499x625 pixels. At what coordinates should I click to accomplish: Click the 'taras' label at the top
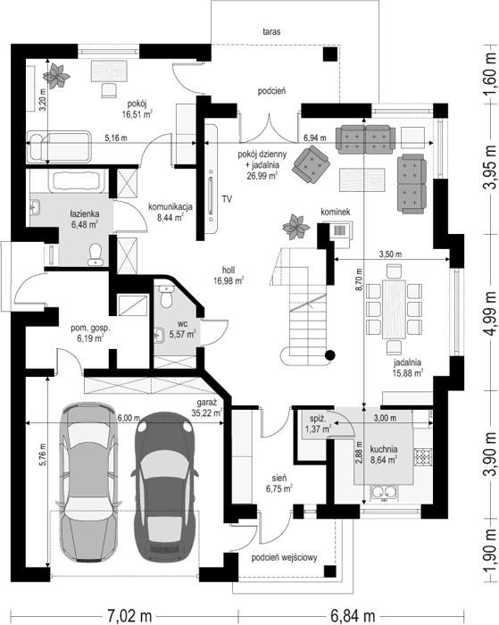271,31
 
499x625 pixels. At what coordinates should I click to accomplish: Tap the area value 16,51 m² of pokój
137,115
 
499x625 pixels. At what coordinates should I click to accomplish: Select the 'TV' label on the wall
227,199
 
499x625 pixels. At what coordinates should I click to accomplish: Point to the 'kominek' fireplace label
336,212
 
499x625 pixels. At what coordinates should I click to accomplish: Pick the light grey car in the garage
89,482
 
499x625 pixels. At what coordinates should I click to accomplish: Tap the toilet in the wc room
164,295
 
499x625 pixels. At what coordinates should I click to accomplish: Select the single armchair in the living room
311,162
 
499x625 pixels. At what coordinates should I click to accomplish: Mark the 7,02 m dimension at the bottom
129,616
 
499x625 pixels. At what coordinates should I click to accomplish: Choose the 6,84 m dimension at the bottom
353,616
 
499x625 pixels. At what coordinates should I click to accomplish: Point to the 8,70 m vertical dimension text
359,279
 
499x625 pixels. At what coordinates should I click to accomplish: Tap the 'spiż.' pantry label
319,419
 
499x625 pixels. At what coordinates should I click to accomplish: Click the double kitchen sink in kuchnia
384,494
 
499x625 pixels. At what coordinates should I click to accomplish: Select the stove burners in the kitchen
423,457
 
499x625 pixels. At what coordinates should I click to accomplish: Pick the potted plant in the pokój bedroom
56,75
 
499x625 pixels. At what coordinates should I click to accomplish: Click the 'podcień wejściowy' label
284,557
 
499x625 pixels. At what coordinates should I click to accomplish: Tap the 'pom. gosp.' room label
90,329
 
